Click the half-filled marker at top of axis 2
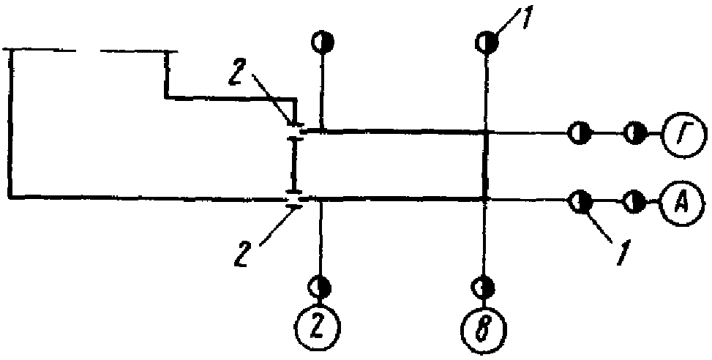[321, 42]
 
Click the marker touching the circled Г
[634, 134]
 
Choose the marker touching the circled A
[634, 199]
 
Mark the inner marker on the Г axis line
[578, 134]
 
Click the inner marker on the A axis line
[580, 199]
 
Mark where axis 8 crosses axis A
[484, 198]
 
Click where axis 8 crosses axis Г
[484, 133]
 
